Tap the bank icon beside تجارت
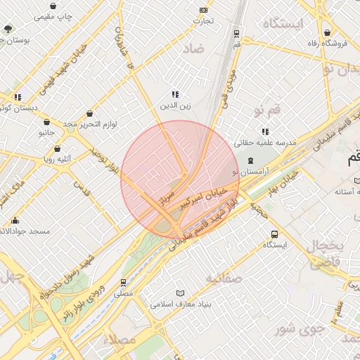click(204, 10)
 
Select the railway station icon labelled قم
click(236, 33)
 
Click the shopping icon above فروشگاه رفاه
click(328, 33)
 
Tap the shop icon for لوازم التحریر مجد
click(90, 113)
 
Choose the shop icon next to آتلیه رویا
click(58, 149)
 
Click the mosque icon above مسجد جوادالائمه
click(16, 221)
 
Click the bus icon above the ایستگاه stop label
click(274, 234)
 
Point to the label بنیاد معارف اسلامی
click(180, 304)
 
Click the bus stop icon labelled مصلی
click(124, 283)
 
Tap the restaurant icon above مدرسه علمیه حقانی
click(265, 131)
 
